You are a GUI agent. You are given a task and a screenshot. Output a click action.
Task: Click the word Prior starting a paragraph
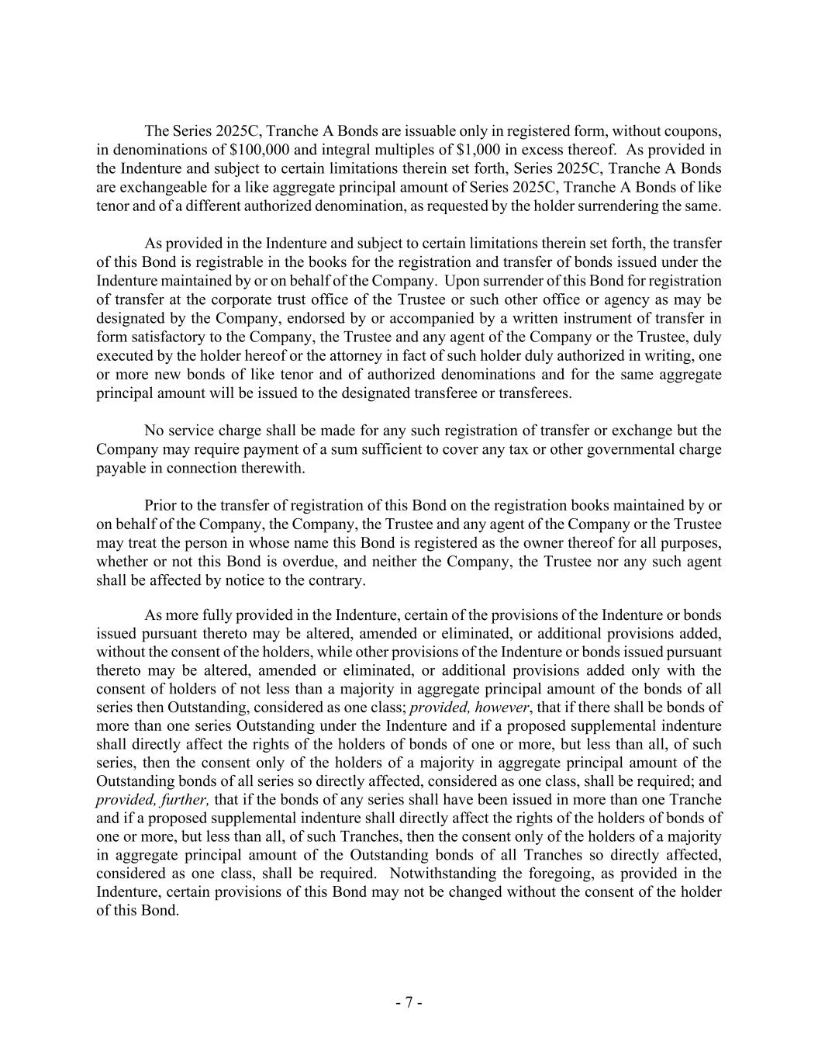(160, 506)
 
